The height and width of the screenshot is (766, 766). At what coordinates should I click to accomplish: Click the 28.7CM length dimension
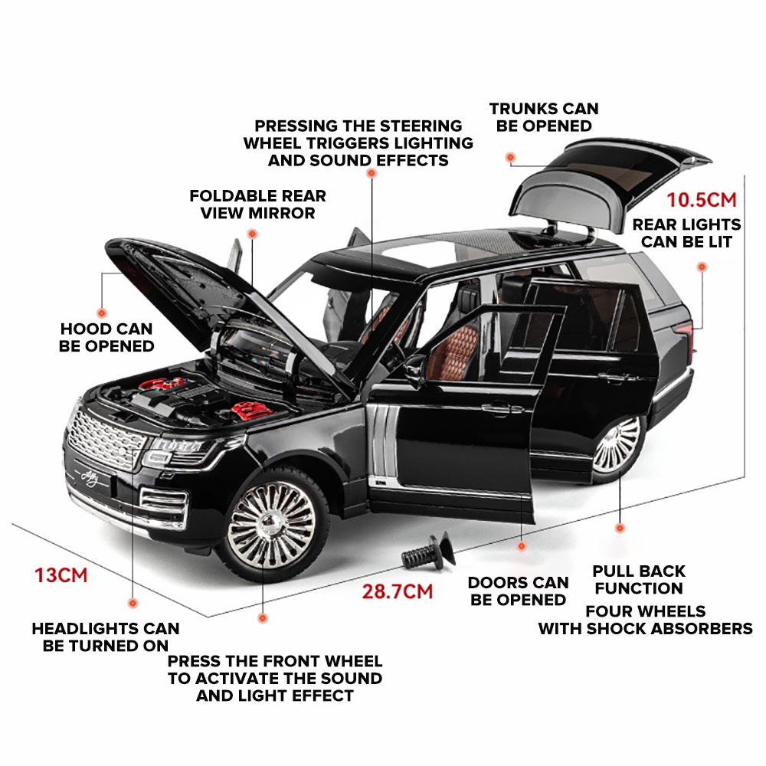point(397,591)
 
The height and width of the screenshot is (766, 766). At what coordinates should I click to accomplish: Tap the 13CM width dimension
point(61,575)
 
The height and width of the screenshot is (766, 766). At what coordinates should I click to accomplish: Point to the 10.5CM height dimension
point(702,200)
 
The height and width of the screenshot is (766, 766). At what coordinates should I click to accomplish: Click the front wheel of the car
point(272,525)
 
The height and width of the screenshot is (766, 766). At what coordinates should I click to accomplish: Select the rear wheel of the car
point(616,445)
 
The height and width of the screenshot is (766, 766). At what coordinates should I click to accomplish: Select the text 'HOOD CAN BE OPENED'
point(106,338)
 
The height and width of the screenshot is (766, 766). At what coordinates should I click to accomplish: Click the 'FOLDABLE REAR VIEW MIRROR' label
point(257,205)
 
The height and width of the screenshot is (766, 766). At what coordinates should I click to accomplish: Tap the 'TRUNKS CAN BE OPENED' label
point(544,117)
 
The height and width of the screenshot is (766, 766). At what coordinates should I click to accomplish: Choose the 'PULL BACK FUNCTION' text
point(639,580)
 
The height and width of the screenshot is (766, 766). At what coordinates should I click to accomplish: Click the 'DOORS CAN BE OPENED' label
point(518,591)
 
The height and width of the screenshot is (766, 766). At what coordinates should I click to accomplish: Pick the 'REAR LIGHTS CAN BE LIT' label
point(686,233)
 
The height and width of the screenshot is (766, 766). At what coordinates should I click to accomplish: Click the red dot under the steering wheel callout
point(372,173)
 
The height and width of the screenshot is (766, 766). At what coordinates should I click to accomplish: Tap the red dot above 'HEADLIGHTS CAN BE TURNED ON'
point(133,604)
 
